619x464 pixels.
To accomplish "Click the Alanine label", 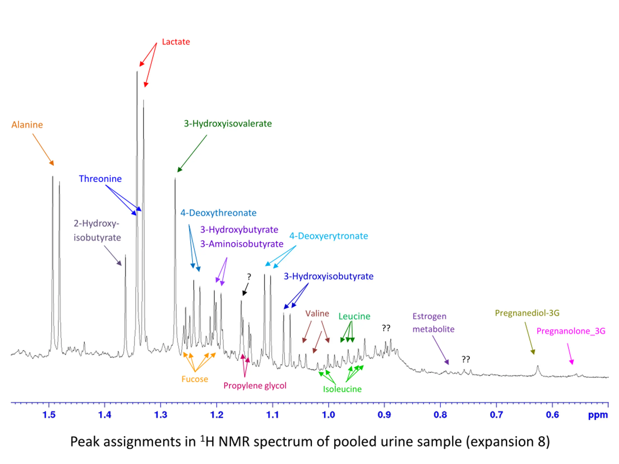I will [27, 125].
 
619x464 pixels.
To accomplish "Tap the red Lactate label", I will [176, 42].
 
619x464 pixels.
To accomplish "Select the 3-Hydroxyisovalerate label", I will [228, 124].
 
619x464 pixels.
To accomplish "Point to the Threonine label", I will [100, 179].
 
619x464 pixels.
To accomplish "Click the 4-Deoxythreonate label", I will [218, 213].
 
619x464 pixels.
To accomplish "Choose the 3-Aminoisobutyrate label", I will [242, 244].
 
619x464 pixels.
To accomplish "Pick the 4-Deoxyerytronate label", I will [328, 236].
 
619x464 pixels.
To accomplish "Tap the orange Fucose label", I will [195, 379].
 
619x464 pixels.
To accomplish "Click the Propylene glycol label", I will [255, 386].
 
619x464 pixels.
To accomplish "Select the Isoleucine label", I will [342, 389].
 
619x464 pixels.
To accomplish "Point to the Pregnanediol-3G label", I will [527, 313].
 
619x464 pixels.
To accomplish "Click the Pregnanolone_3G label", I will [571, 331].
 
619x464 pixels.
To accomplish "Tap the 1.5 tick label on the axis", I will [49, 414].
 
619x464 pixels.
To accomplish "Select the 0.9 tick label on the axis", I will [384, 414].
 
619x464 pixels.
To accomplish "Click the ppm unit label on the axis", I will [598, 415].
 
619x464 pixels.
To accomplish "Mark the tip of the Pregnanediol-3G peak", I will [538, 366].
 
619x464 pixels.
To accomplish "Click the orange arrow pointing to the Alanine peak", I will [43, 150].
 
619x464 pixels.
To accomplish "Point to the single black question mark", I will [249, 277].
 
